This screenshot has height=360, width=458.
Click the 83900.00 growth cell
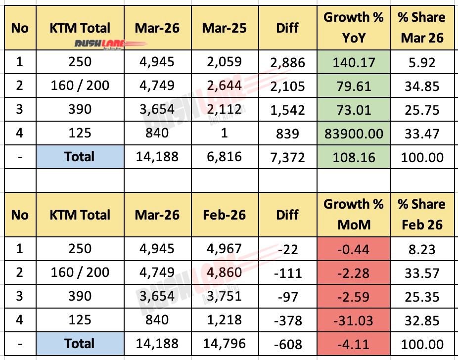(x=353, y=133)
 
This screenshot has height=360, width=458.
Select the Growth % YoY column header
(x=353, y=27)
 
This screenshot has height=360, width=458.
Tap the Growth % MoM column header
(x=353, y=214)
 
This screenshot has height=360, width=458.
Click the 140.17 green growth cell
(x=353, y=62)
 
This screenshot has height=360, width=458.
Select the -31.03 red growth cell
(x=353, y=320)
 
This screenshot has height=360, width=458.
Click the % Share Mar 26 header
(x=422, y=27)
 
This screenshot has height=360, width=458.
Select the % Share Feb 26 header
(x=422, y=214)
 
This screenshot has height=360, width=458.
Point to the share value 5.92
(x=422, y=62)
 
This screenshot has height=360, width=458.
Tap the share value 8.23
(x=422, y=249)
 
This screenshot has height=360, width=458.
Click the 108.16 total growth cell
(x=353, y=157)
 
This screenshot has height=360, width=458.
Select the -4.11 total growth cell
(x=353, y=344)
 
